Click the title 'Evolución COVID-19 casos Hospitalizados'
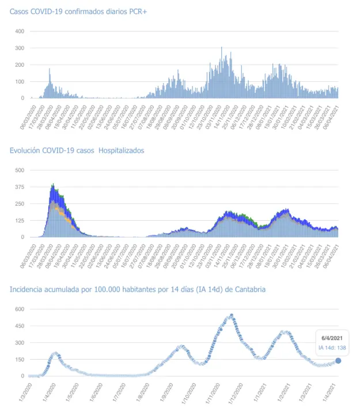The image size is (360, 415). (x=77, y=150)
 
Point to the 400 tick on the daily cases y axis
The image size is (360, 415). (x=19, y=31)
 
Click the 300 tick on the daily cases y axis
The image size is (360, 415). (x=19, y=48)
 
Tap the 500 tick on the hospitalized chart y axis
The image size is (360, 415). (x=19, y=170)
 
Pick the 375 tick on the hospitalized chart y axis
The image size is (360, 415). (x=19, y=187)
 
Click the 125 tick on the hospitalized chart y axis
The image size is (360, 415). (x=19, y=220)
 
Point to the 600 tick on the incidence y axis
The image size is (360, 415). (x=19, y=310)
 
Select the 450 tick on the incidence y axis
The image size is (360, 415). (x=19, y=326)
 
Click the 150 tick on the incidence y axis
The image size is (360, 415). (x=19, y=360)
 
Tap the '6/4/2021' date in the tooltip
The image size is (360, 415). (x=333, y=338)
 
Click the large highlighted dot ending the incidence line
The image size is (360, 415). (x=338, y=361)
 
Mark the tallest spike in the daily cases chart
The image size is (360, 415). (x=222, y=48)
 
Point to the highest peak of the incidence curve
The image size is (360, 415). (x=232, y=315)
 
